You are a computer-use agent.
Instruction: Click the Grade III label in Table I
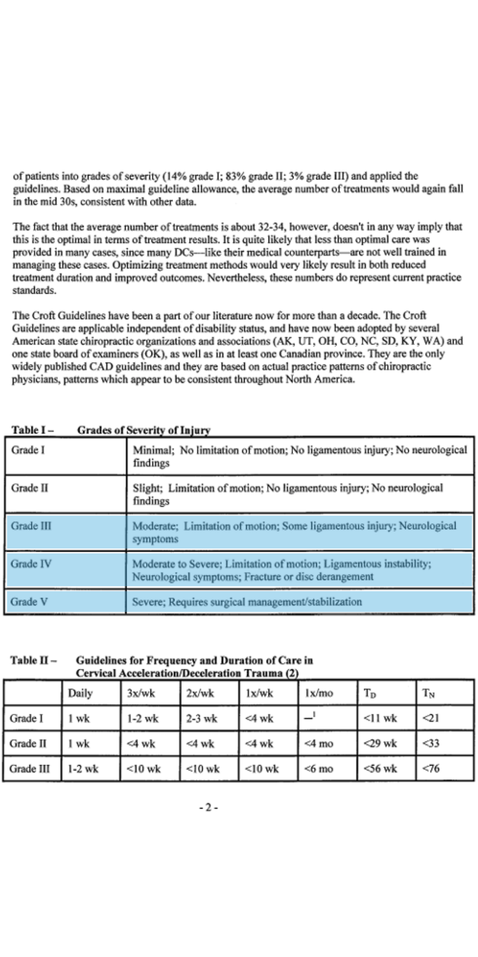(31, 526)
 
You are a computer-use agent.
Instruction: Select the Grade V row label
(29, 602)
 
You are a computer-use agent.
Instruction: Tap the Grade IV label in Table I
(31, 564)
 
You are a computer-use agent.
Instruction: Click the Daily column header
(80, 693)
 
